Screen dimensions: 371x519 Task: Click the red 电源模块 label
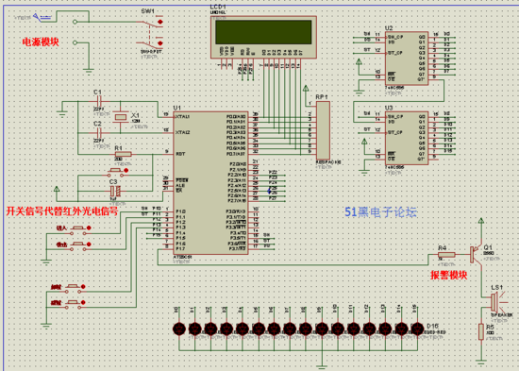tap(41, 42)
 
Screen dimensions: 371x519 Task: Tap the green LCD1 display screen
tap(263, 30)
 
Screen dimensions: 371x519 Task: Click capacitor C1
tap(98, 101)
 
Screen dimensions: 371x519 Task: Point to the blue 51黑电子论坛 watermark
tap(379, 213)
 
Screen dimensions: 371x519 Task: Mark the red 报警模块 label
tap(449, 275)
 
